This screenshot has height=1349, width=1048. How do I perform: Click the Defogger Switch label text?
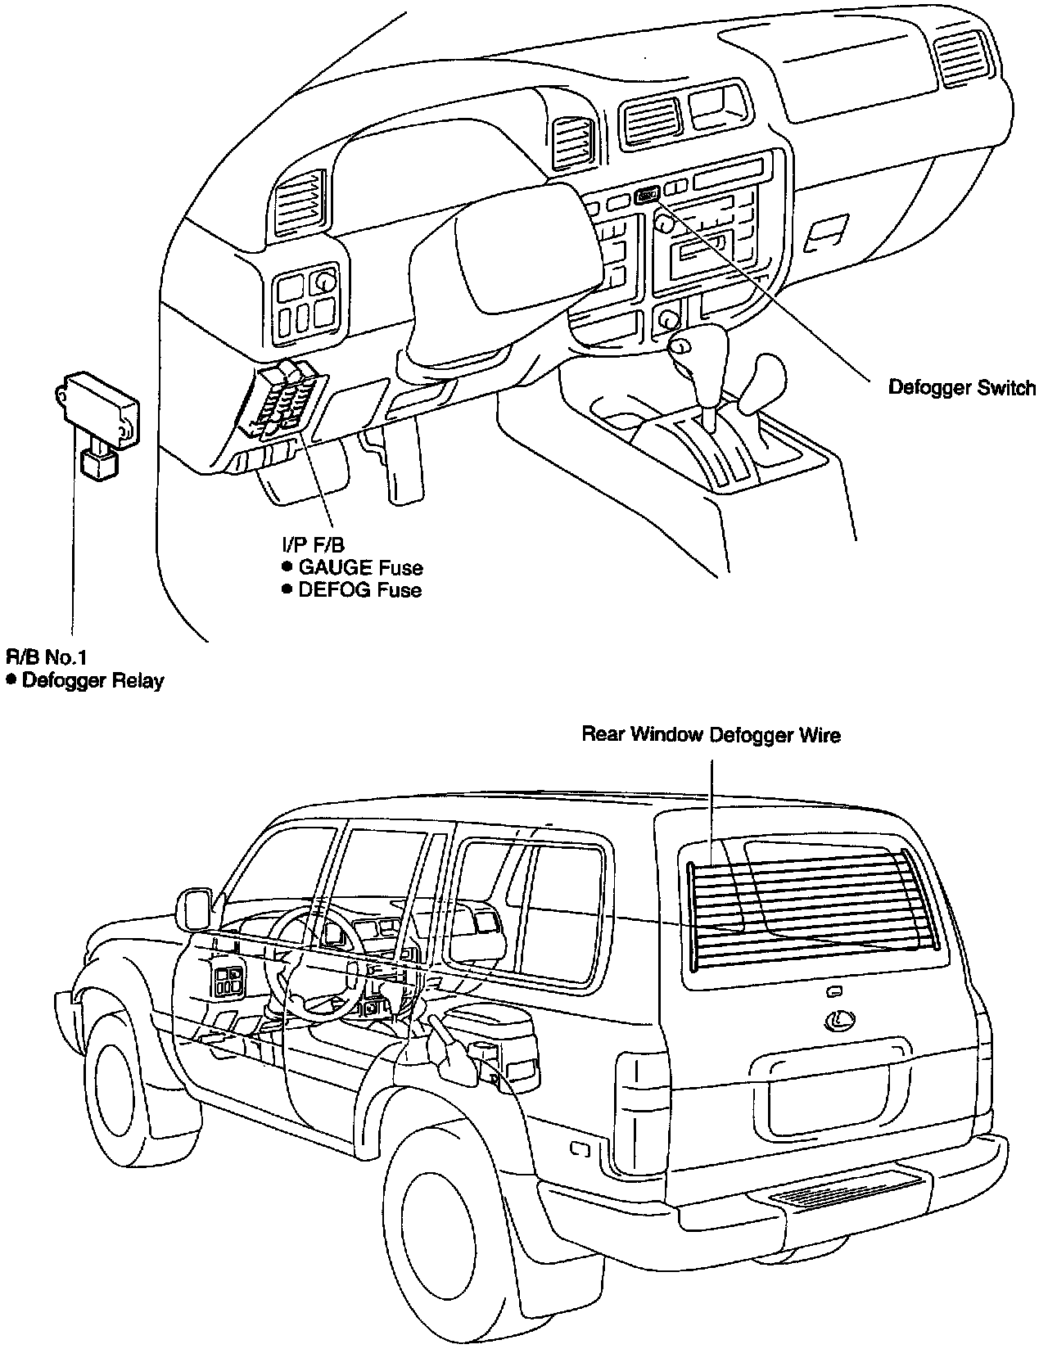point(961,387)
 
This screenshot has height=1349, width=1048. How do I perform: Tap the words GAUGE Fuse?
point(360,566)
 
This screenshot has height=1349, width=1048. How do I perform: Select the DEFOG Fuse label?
point(359,589)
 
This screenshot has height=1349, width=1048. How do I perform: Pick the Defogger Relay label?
point(93,679)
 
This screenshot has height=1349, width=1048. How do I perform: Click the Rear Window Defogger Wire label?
point(711,734)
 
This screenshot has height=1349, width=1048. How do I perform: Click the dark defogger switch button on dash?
point(647,195)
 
